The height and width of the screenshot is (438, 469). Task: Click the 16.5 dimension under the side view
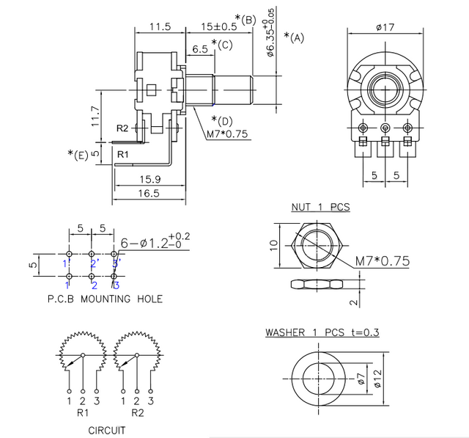pyautogui.click(x=148, y=193)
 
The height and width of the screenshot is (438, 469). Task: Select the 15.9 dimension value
pyautogui.click(x=149, y=179)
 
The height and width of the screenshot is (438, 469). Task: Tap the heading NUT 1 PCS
pyautogui.click(x=320, y=208)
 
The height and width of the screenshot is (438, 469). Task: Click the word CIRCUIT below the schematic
pyautogui.click(x=106, y=431)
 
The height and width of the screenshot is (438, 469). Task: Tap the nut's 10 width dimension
pyautogui.click(x=273, y=246)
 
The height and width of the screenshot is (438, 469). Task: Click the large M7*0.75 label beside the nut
pyautogui.click(x=382, y=260)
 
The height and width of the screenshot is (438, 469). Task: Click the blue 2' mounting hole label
pyautogui.click(x=94, y=263)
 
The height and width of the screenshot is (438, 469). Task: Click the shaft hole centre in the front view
pyautogui.click(x=385, y=90)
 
